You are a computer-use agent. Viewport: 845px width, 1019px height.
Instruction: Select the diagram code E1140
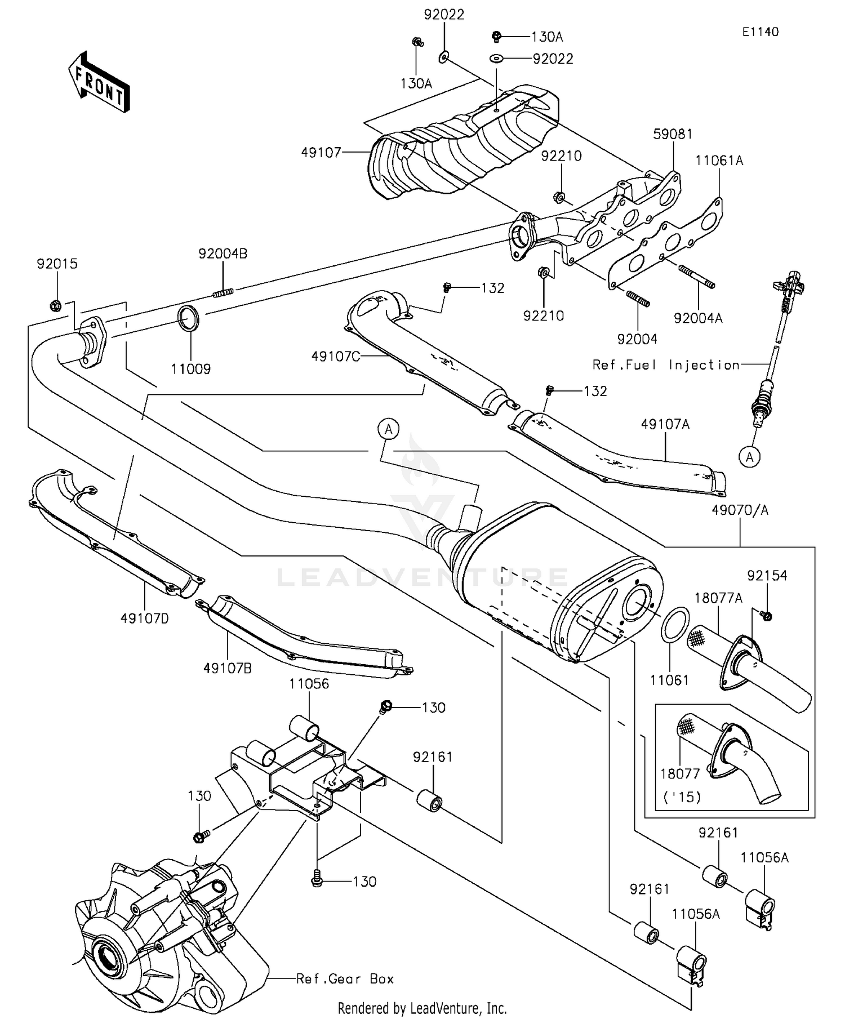tap(760, 32)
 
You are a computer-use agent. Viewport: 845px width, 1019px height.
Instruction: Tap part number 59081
tap(673, 134)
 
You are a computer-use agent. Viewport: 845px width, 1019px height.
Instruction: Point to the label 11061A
tap(719, 161)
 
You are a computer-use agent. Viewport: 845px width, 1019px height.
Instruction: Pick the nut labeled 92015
tap(55, 305)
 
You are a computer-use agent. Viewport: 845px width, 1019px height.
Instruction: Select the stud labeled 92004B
tap(223, 292)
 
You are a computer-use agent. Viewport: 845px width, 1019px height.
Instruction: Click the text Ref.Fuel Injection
tap(666, 364)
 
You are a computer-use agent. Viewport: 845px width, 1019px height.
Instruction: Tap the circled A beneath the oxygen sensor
tap(750, 457)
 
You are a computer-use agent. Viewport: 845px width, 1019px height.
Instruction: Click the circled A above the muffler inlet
tap(388, 429)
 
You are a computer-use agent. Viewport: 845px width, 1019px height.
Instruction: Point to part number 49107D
tap(144, 618)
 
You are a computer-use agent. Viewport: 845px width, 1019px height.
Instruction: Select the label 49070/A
tap(740, 510)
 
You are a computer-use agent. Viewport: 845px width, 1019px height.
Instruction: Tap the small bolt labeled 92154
tap(765, 616)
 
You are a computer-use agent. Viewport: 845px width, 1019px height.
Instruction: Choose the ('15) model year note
tap(682, 797)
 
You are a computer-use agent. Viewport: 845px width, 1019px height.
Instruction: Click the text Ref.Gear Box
tap(345, 978)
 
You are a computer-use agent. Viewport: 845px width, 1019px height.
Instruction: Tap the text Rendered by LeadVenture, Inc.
tap(422, 1008)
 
